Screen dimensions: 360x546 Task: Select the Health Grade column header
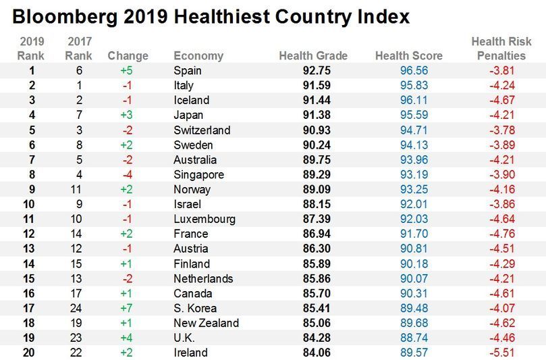[x=313, y=55]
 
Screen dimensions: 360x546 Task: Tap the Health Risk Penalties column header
[x=501, y=49]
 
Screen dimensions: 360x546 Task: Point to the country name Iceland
[x=192, y=100]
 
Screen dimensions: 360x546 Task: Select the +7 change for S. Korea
[x=128, y=308]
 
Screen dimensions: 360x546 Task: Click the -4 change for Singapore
[x=128, y=174]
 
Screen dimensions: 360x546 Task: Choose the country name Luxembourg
[x=204, y=219]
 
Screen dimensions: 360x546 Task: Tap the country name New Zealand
[x=206, y=323]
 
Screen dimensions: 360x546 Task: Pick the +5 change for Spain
[x=128, y=70]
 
